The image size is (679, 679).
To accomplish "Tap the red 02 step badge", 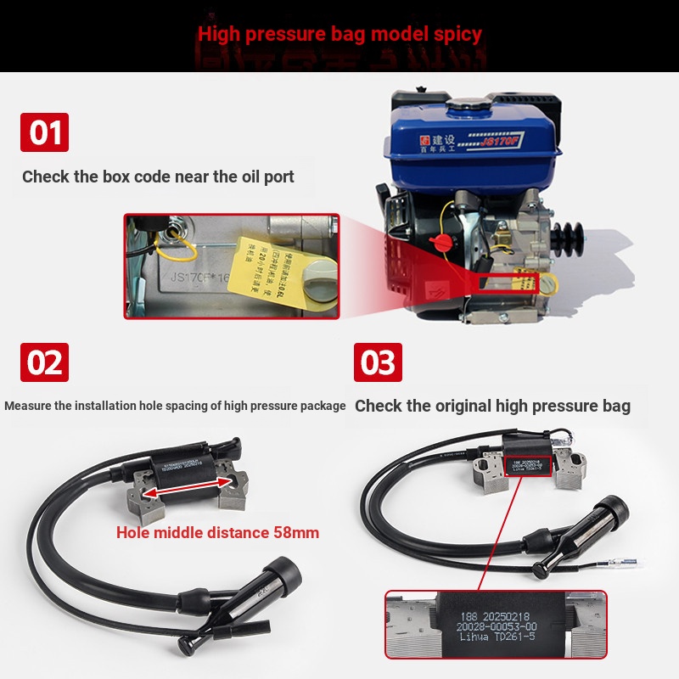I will [44, 362].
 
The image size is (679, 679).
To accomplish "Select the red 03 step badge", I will [378, 362].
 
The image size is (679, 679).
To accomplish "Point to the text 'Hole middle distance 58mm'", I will [217, 533].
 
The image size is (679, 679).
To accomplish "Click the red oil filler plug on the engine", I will [440, 243].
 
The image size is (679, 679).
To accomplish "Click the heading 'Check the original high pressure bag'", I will [492, 406].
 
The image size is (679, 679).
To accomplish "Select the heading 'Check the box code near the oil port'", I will [158, 177].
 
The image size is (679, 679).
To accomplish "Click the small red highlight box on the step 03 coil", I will [528, 465].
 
